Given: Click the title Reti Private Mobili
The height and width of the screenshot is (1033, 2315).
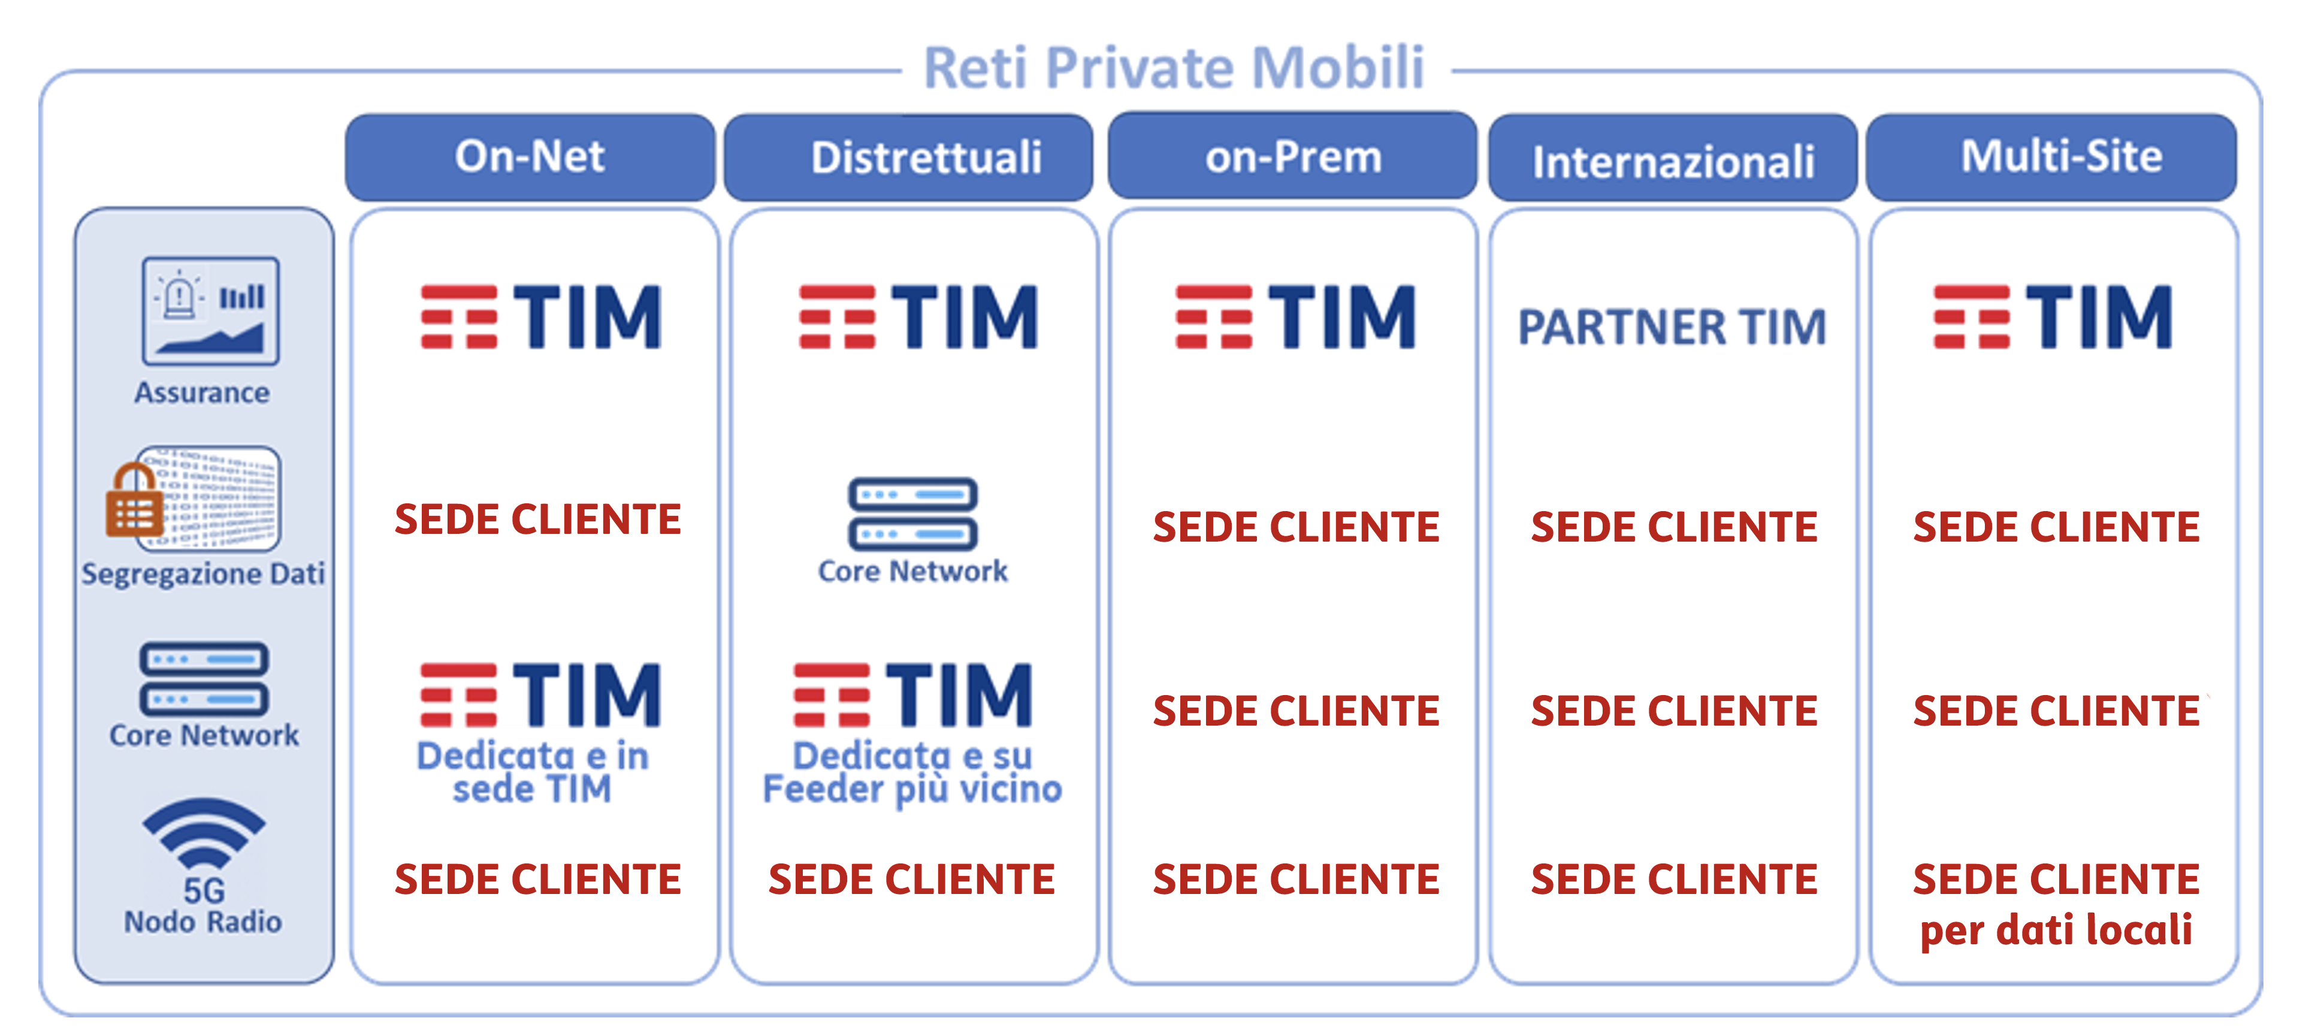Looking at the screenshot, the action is (1174, 68).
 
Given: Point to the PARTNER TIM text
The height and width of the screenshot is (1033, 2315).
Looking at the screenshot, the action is (1673, 327).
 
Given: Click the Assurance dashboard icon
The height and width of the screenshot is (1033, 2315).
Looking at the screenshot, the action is (210, 310).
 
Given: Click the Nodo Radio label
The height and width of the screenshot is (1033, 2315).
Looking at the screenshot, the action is (203, 922).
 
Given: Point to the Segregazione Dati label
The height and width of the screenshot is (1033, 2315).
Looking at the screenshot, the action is (203, 573).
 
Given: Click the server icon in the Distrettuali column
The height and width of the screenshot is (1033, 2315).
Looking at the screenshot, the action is (913, 514).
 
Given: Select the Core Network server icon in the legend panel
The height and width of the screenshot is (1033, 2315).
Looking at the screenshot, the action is (204, 679).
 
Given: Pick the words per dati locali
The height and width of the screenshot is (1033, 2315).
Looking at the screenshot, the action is (2056, 931).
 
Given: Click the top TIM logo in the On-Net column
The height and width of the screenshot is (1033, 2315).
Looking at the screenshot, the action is (541, 316).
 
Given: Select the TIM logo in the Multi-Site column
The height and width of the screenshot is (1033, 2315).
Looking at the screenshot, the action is (2054, 316).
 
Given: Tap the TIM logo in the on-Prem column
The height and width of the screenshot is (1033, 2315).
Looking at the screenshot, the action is (1296, 316).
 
